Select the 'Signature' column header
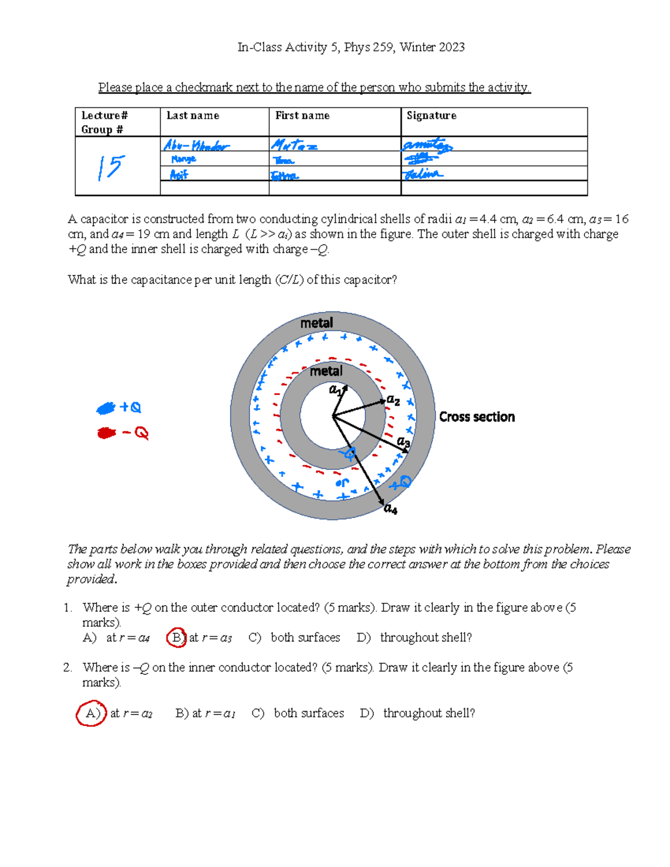[x=431, y=116]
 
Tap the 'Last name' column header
[x=193, y=116]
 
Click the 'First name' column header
[x=302, y=116]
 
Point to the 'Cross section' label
[x=477, y=417]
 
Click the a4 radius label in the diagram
[x=390, y=509]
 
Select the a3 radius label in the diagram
[x=403, y=442]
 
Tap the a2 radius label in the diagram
[x=394, y=400]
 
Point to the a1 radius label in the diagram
[x=335, y=389]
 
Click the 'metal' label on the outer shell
[x=317, y=323]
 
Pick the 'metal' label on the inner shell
[x=326, y=371]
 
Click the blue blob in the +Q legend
[x=106, y=409]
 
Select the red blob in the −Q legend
[x=106, y=433]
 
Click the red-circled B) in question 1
[x=176, y=638]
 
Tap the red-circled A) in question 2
[x=92, y=713]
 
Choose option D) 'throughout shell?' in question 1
[x=414, y=638]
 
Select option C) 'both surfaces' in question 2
[x=298, y=713]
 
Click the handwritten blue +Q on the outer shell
[x=400, y=482]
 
